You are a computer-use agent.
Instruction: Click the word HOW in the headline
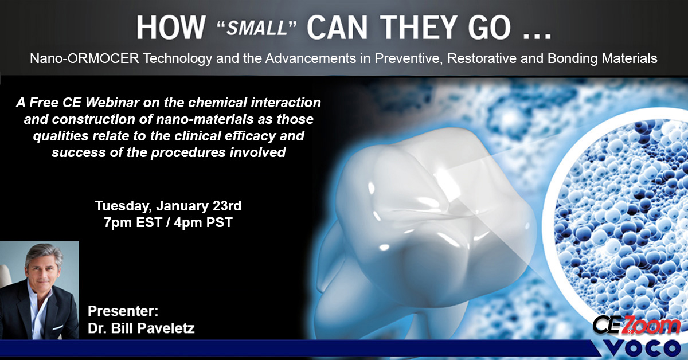click(x=171, y=28)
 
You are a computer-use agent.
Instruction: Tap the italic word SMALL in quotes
click(x=257, y=28)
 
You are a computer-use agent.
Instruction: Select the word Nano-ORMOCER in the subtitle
click(x=84, y=58)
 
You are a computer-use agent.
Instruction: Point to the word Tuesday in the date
click(x=123, y=206)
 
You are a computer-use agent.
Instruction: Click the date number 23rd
click(x=227, y=206)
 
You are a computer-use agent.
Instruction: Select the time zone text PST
click(x=219, y=222)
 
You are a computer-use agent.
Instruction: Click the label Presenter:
click(x=123, y=311)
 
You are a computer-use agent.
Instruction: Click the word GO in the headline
click(x=489, y=28)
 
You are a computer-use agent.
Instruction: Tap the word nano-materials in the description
click(x=205, y=119)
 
